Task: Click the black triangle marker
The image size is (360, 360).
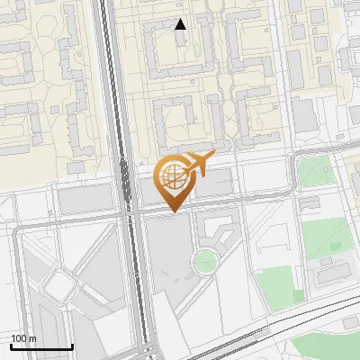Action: [181, 24]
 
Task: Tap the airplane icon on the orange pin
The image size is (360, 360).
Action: [197, 165]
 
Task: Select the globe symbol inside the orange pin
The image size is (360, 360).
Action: [171, 175]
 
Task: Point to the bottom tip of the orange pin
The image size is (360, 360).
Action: [172, 211]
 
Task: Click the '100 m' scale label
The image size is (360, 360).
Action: [23, 338]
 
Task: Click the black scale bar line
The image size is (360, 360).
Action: [41, 346]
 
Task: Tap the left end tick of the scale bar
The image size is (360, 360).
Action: [11, 345]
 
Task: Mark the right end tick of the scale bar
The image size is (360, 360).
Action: [72, 345]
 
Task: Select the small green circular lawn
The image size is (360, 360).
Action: [205, 262]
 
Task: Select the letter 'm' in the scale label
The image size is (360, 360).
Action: [32, 338]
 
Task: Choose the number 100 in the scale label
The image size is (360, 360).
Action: [19, 338]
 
